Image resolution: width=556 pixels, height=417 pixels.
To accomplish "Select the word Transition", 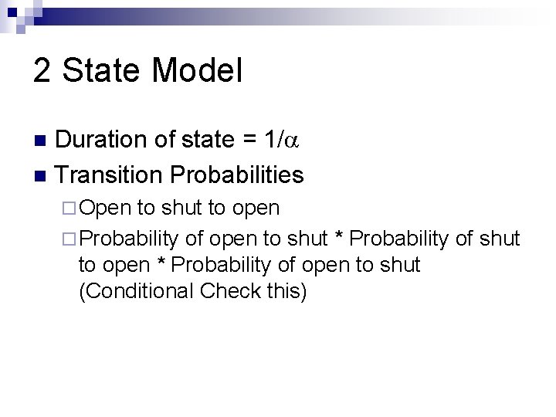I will pos(107,175).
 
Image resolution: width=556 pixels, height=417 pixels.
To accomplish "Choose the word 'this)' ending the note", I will pos(286,291).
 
